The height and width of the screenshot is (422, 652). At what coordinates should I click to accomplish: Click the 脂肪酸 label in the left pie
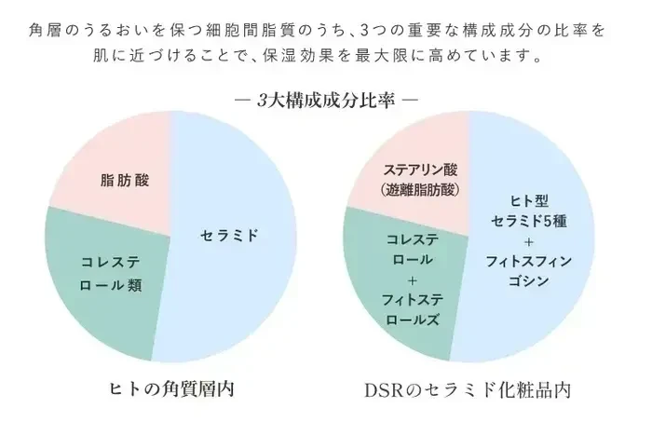124,180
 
